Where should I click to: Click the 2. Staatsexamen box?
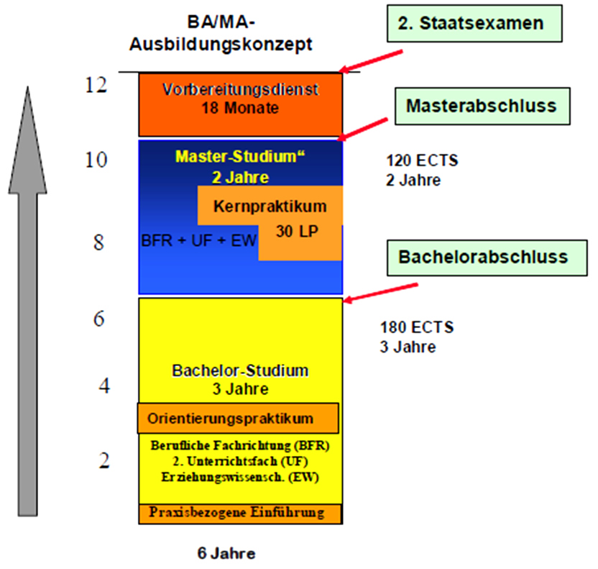(x=471, y=24)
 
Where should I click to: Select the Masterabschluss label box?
(x=481, y=106)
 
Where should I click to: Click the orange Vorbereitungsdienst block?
(x=240, y=104)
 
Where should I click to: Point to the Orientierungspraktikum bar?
(x=238, y=418)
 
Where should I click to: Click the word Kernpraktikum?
(x=270, y=206)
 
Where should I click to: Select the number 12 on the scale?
(x=96, y=85)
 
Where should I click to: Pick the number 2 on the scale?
(x=105, y=460)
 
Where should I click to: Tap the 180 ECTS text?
(x=417, y=328)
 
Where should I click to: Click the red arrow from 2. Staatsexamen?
(x=372, y=60)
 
